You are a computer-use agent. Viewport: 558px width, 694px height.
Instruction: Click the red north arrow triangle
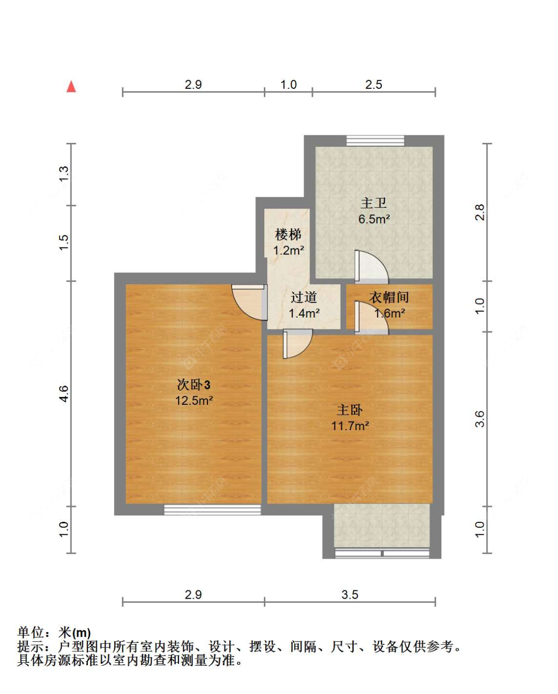[x=71, y=87]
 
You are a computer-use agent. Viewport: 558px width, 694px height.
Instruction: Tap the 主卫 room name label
[x=373, y=203]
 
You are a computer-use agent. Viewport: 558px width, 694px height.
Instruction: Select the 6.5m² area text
[x=374, y=219]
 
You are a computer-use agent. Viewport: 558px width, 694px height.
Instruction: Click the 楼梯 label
[x=288, y=234]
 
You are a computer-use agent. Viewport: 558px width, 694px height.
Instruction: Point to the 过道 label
[x=304, y=297]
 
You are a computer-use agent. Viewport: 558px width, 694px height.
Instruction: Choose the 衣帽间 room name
[x=389, y=297]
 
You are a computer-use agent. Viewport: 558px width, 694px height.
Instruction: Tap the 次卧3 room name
[x=193, y=384]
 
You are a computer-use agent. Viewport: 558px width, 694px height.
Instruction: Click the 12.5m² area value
[x=194, y=401]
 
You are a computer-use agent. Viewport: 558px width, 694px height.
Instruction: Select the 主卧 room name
[x=350, y=410]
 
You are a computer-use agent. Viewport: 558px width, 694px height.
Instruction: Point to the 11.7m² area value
[x=350, y=426]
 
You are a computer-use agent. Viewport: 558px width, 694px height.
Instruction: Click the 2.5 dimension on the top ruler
[x=373, y=85]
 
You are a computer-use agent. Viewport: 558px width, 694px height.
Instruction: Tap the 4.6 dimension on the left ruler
[x=64, y=394]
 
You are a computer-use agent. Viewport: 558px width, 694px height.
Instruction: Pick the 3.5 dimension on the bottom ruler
[x=350, y=595]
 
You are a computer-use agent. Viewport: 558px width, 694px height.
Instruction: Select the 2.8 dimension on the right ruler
[x=479, y=212]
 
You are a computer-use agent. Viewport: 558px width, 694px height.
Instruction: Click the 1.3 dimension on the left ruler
[x=64, y=174]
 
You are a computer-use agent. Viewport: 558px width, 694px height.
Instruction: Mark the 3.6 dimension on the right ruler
[x=479, y=419]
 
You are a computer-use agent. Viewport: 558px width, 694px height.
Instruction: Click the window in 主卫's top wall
[x=375, y=141]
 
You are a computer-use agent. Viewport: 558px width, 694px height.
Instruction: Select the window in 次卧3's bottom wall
[x=212, y=509]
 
